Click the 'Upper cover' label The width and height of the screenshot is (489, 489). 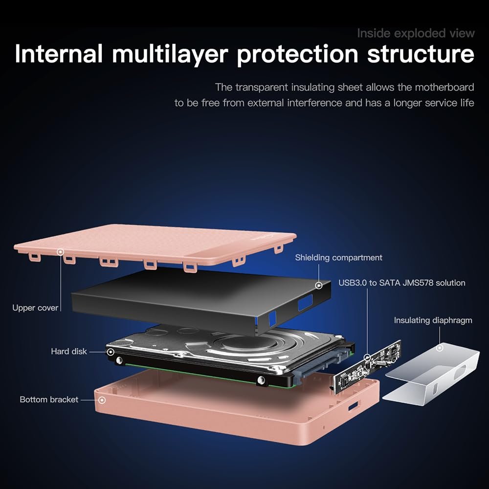[x=35, y=308]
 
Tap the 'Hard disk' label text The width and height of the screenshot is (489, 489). [x=69, y=352]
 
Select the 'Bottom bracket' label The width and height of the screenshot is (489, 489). [x=49, y=400]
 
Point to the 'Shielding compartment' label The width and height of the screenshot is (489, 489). [x=338, y=258]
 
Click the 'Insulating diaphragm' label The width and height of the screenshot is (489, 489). [x=433, y=320]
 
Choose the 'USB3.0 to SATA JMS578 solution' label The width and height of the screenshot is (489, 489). [x=401, y=283]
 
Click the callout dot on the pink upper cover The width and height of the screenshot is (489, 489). [x=61, y=252]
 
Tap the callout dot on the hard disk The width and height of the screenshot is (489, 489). [x=111, y=352]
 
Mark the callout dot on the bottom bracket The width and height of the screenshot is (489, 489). [x=102, y=400]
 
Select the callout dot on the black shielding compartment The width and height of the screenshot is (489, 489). [x=319, y=286]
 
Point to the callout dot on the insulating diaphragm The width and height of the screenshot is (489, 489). [x=440, y=347]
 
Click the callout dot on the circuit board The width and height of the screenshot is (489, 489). [x=367, y=357]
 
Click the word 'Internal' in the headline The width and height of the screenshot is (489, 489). [x=59, y=54]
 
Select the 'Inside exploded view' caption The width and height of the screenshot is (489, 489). [x=416, y=33]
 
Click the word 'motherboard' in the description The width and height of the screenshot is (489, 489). [x=445, y=87]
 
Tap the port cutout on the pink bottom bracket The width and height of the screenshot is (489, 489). [x=353, y=406]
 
